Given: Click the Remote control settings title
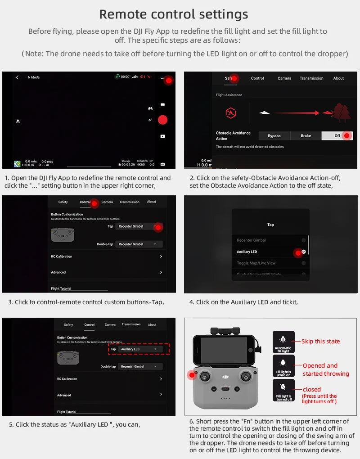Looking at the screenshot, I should click(x=173, y=14).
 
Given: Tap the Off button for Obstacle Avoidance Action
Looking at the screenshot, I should click(x=337, y=136).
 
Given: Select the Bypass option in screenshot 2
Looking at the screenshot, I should click(x=274, y=136).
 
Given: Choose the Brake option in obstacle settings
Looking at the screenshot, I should click(x=306, y=136).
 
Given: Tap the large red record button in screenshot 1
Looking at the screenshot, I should click(x=162, y=120).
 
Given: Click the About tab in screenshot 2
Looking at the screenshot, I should click(x=338, y=78).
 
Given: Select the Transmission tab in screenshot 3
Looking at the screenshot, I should click(x=130, y=202).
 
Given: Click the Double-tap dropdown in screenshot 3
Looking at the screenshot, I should click(x=139, y=244).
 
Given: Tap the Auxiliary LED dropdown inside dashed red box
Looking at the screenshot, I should click(x=139, y=349).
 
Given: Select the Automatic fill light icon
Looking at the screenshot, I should click(x=283, y=342).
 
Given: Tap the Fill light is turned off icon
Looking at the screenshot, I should click(x=283, y=390).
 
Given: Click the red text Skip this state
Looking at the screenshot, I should click(x=320, y=342).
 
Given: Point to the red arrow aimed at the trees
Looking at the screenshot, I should click(x=297, y=112).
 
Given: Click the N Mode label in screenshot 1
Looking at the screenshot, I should click(x=33, y=77).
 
